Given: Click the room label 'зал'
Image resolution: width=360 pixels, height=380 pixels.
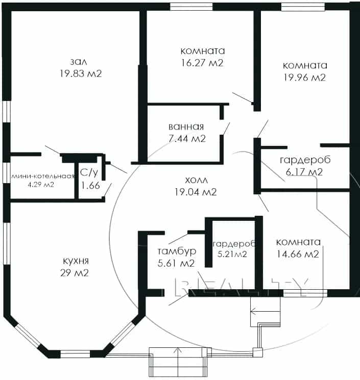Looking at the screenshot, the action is coord(79,62).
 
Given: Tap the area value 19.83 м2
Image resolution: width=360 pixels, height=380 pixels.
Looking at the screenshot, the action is coord(81,73).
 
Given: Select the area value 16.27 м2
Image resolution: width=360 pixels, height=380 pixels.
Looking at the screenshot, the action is coord(202,63).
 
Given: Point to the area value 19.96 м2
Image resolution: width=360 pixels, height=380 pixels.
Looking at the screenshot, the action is coord(305,78).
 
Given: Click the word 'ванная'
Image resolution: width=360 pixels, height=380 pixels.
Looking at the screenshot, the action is coord(186,126).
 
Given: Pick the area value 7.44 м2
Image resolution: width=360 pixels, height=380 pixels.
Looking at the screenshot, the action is coord(187,139).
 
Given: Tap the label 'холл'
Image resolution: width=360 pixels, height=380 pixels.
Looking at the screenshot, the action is coord(197,180).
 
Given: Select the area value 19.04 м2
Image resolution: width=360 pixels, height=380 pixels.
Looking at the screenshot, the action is coord(196,192).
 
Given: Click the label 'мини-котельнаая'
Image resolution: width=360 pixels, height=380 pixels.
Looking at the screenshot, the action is coord(43,176).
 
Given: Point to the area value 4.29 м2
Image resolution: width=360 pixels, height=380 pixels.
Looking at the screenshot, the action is coord(41,185).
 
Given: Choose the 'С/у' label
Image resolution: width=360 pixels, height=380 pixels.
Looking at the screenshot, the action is coord(89,172).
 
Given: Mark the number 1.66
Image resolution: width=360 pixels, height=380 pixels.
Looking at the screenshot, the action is coord(90,185).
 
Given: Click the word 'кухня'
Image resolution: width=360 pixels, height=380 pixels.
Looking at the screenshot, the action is coord(76,261).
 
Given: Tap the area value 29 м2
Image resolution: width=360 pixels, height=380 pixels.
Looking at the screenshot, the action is coord(75,273).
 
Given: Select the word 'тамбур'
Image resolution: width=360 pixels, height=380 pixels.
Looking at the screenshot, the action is coord(177,251).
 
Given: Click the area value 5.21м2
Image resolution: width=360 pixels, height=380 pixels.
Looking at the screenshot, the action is coord(232,254).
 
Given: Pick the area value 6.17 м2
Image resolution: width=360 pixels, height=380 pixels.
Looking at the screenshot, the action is coord(304,172).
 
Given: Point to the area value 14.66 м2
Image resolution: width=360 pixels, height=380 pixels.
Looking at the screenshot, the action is coord(298,254).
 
